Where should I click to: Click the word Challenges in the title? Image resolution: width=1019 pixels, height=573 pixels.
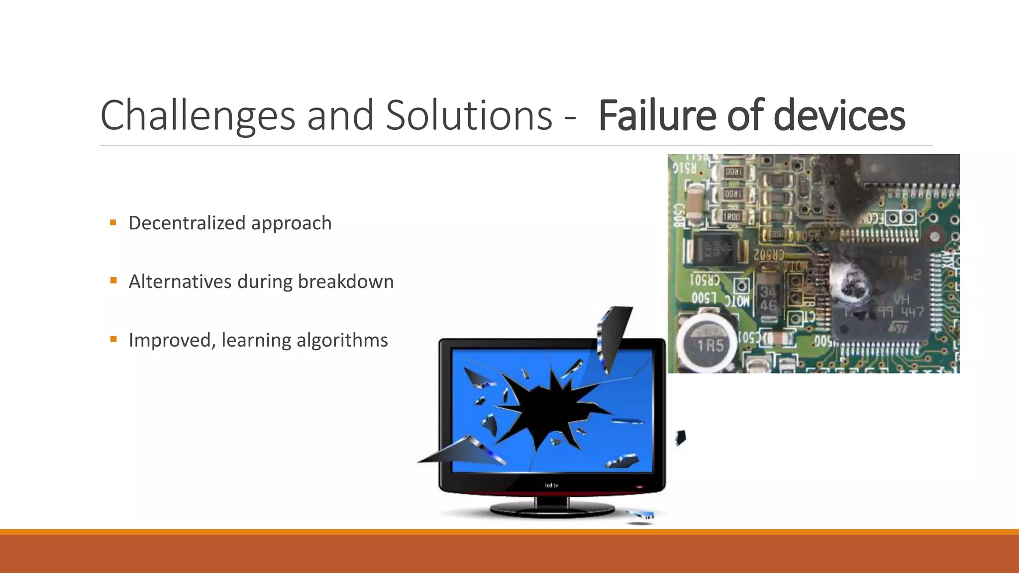point(198,116)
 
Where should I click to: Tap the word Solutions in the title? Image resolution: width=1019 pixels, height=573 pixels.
point(469,116)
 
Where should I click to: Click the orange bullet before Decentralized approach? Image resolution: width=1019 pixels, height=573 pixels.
point(113,223)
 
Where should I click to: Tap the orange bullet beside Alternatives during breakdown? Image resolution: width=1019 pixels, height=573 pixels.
point(113,281)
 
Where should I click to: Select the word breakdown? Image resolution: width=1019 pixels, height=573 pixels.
point(346,282)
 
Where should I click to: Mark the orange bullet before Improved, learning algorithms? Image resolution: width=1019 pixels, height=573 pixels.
point(113,340)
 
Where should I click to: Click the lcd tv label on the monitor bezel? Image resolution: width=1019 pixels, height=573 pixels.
point(551,485)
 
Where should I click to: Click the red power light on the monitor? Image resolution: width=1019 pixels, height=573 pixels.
point(639,487)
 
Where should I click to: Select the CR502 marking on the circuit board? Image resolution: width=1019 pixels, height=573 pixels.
point(769,255)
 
